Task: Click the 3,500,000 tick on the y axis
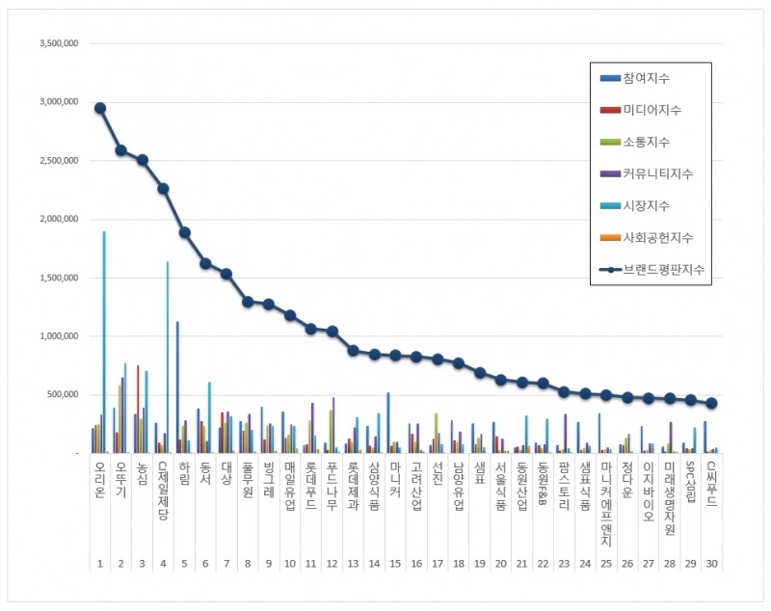point(57,44)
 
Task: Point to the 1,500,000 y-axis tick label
point(57,279)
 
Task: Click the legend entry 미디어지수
point(652,110)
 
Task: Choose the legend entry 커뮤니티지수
point(658,173)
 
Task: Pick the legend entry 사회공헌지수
point(658,237)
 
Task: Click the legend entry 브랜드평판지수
point(664,270)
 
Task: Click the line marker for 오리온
point(100,108)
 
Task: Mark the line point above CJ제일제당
point(164,189)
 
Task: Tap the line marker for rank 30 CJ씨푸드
point(711,403)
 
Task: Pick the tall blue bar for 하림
point(177,386)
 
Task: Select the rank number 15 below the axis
point(395,565)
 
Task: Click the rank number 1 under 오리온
point(99,565)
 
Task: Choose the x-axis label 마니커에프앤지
point(605,510)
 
